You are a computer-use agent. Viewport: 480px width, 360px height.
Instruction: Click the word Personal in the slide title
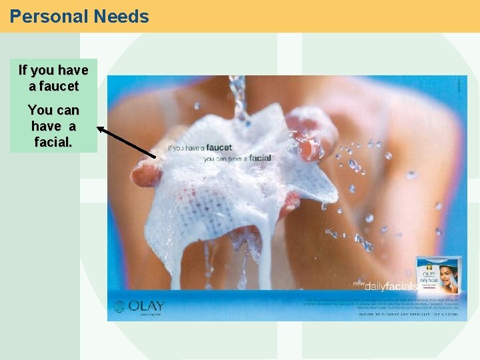pyautogui.click(x=43, y=16)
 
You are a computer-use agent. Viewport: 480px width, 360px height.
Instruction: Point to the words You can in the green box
pyautogui.click(x=53, y=110)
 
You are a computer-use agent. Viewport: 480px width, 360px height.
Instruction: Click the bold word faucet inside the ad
pyautogui.click(x=219, y=147)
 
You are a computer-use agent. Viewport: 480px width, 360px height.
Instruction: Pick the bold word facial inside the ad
pyautogui.click(x=260, y=159)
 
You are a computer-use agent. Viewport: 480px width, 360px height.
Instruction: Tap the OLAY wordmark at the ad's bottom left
pyautogui.click(x=147, y=306)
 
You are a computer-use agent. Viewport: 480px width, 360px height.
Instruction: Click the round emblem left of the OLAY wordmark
pyautogui.click(x=119, y=307)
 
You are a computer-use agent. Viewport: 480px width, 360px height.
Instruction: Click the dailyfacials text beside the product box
pyautogui.click(x=394, y=287)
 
